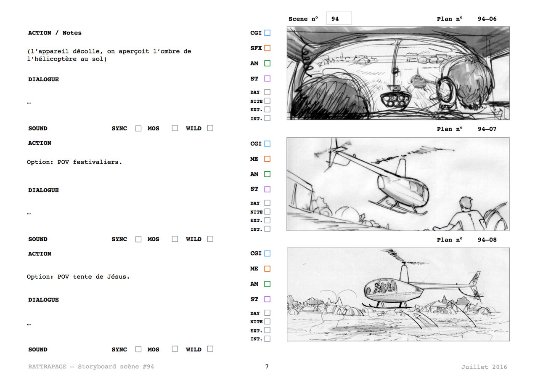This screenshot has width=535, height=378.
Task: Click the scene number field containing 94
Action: [339, 19]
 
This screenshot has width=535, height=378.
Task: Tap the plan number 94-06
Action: [487, 19]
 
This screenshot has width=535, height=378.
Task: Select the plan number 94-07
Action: [487, 129]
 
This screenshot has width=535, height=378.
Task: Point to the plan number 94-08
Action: [487, 240]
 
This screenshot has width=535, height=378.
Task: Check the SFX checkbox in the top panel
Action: [267, 48]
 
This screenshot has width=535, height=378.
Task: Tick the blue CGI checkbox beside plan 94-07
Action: [267, 144]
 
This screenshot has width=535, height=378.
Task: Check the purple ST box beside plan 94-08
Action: [267, 299]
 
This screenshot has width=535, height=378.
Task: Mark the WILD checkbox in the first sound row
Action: [210, 128]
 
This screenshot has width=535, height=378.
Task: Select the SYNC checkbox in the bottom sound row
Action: [138, 349]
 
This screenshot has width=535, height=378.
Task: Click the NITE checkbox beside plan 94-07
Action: [267, 212]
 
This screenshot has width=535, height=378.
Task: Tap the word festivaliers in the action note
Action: [98, 162]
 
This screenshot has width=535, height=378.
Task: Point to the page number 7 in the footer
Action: [267, 366]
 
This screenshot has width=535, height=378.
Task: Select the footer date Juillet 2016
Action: [484, 367]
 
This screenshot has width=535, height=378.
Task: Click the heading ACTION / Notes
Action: [55, 33]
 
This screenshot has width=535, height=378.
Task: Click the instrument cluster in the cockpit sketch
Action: [396, 99]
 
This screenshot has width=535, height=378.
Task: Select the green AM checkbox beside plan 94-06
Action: [267, 64]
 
